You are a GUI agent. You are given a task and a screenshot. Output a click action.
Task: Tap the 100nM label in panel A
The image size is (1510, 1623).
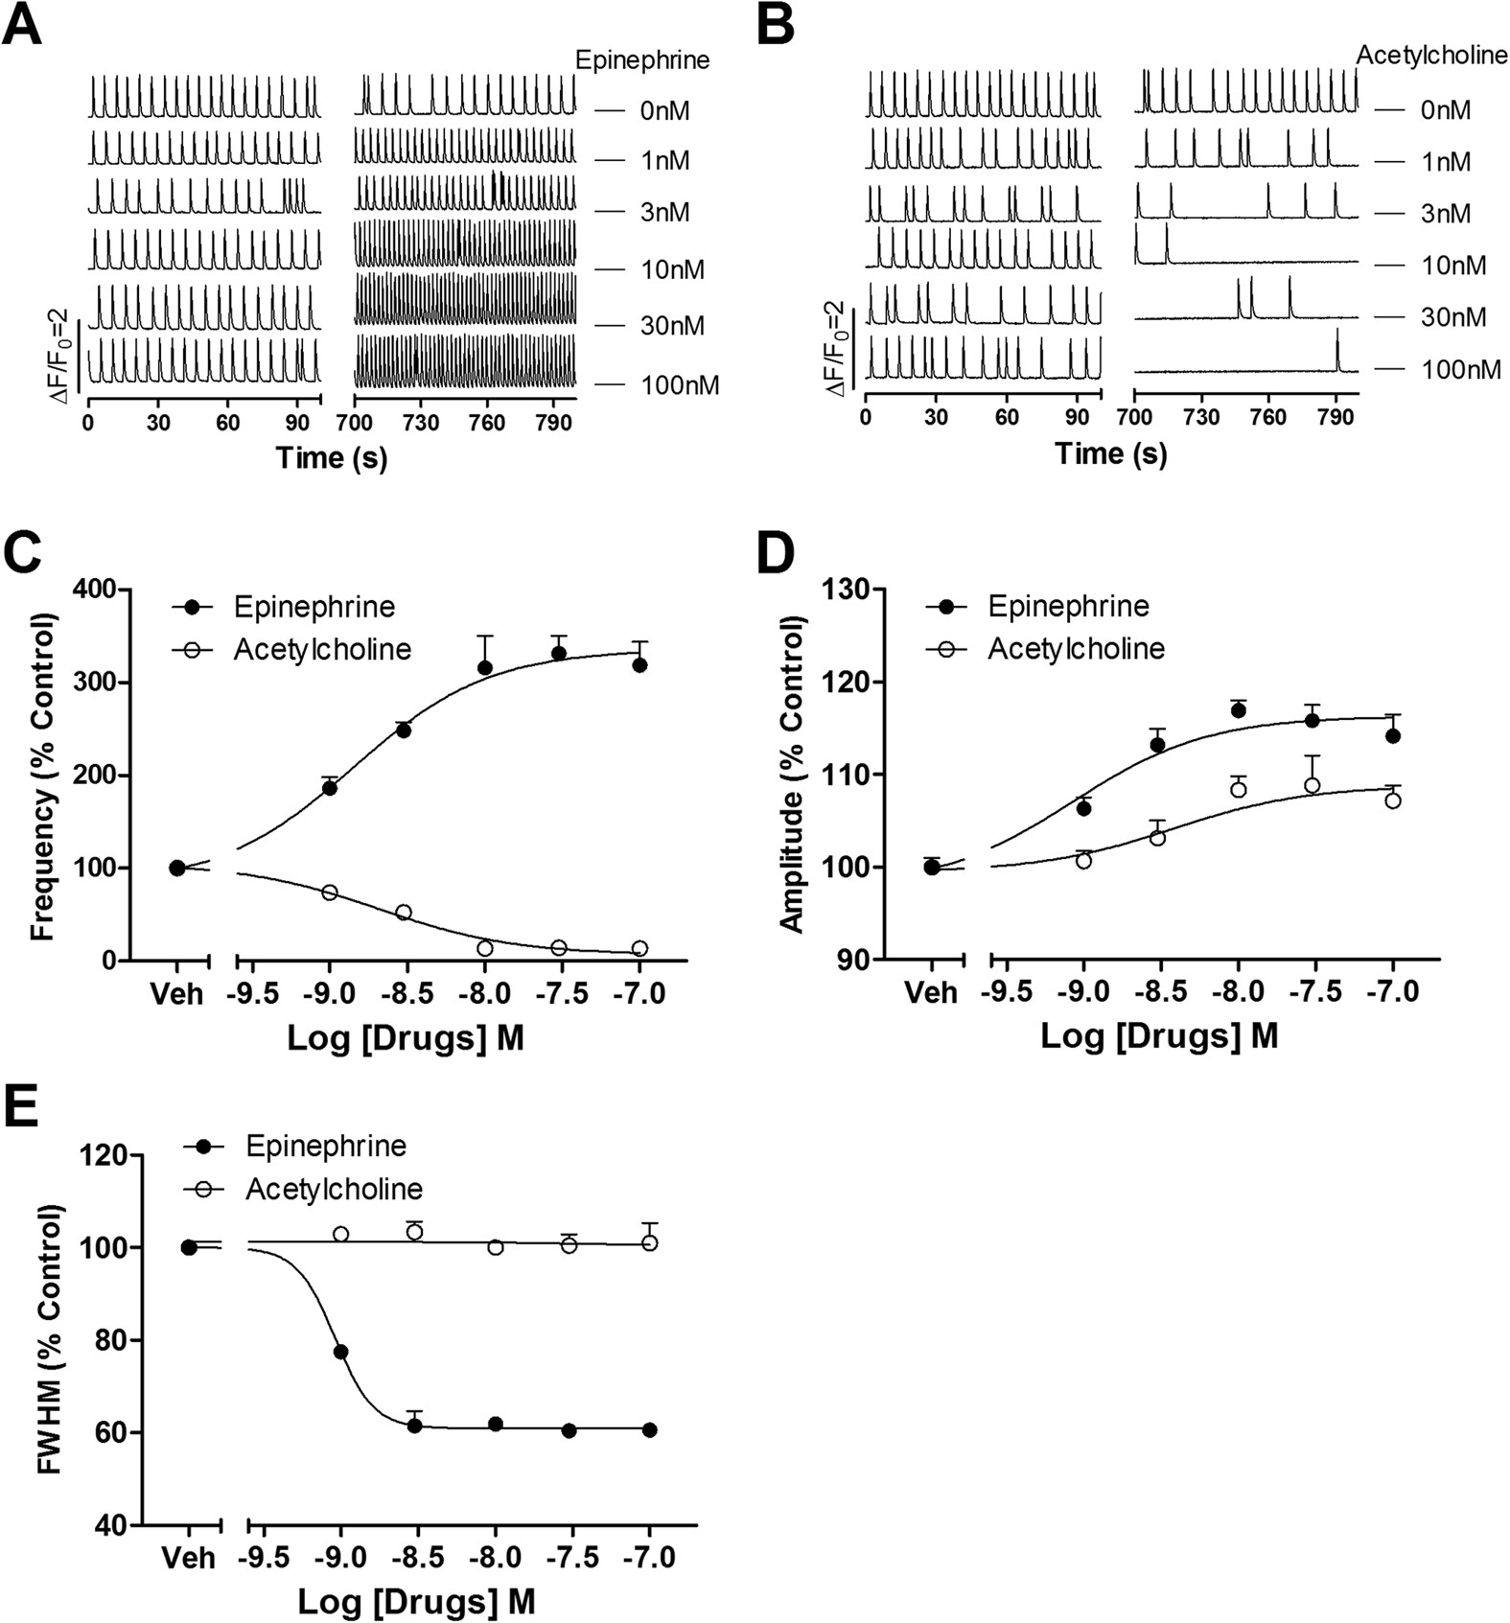tap(679, 385)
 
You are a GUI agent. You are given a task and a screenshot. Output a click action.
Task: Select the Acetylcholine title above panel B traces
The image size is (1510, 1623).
tap(1431, 56)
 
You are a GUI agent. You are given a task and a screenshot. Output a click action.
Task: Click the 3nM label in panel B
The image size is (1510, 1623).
tap(1445, 213)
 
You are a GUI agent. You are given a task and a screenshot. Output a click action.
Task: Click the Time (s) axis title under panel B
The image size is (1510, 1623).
tap(1111, 452)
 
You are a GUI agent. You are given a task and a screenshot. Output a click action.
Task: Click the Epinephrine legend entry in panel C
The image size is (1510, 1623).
tap(314, 607)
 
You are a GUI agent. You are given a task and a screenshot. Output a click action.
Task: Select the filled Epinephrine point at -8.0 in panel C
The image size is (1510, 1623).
tap(485, 667)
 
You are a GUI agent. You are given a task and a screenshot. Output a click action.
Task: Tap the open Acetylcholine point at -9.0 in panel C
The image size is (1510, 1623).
tap(330, 893)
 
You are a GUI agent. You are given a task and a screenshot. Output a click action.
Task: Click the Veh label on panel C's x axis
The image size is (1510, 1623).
tap(177, 993)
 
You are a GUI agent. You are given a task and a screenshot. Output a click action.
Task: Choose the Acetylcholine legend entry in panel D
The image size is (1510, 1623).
tap(1076, 649)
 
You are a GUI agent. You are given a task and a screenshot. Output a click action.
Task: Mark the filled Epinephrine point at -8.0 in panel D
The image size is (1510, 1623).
tap(1238, 711)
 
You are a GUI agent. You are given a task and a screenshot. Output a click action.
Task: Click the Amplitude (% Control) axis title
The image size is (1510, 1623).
tap(792, 775)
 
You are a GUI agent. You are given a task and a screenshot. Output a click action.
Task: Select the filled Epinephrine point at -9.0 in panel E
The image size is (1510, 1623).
tap(340, 1352)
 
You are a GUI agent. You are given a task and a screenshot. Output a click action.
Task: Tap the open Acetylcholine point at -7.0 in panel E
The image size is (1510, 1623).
tap(649, 1242)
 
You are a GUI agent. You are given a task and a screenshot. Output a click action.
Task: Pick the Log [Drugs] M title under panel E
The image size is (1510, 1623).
tap(416, 1601)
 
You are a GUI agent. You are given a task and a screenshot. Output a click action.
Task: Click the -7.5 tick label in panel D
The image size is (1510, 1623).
tap(1313, 992)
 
